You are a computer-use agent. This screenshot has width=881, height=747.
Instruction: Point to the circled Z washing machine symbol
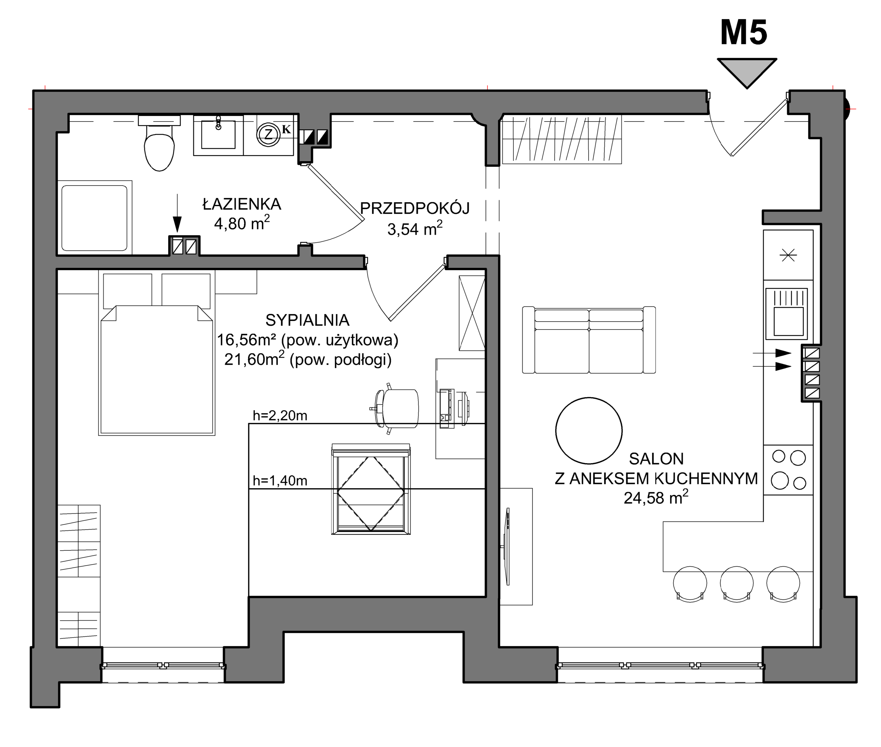(x=268, y=134)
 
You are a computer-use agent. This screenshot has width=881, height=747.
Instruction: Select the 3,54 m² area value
(x=415, y=228)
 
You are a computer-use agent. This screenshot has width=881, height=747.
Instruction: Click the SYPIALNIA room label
(x=308, y=320)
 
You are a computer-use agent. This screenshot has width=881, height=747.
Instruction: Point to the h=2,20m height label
(x=280, y=415)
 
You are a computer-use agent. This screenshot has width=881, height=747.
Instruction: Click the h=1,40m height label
(x=280, y=481)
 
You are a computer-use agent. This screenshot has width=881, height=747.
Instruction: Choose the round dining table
(x=589, y=431)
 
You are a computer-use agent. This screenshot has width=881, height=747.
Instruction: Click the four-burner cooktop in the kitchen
(x=788, y=470)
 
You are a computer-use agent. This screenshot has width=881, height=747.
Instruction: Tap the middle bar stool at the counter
(x=736, y=584)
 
